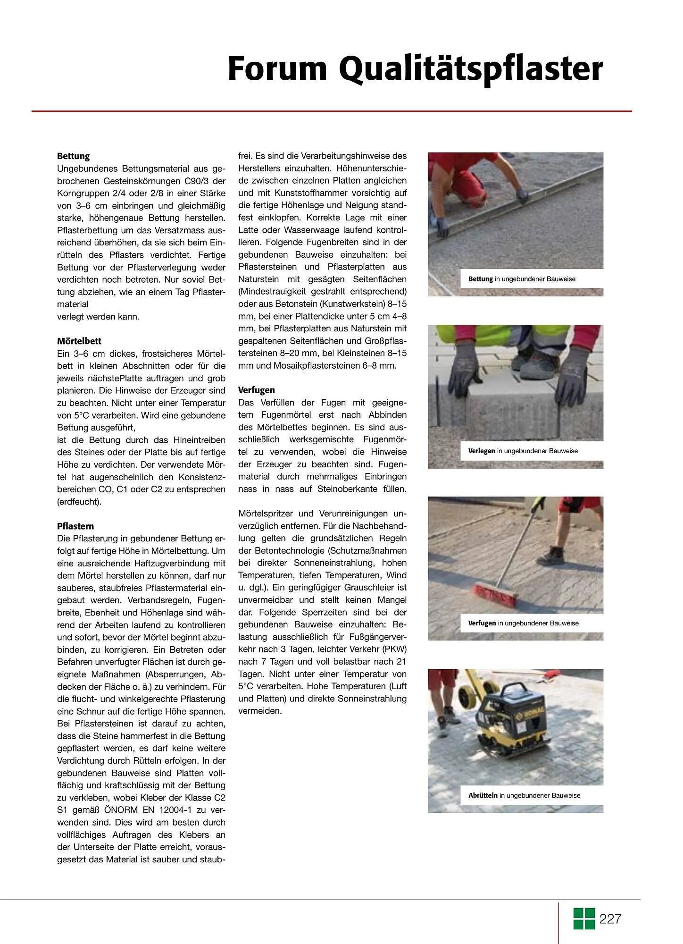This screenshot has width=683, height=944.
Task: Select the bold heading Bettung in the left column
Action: pos(73,156)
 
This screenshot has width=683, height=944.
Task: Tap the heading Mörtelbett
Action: pos(79,341)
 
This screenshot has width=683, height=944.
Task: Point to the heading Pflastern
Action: pos(75,526)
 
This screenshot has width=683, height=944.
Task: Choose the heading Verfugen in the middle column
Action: pos(256,390)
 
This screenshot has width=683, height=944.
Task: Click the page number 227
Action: pos(610,919)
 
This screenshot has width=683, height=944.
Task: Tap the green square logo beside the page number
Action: pos(584,919)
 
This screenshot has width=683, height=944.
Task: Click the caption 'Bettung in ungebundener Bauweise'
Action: pos(522,279)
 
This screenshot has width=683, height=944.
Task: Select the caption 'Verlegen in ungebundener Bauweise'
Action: pos(523,451)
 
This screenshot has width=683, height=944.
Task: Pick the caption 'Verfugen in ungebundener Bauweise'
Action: pos(523,623)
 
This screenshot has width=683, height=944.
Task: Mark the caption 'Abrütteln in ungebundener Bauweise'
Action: pos(524,795)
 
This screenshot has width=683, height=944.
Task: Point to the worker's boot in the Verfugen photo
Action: pos(552,554)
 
